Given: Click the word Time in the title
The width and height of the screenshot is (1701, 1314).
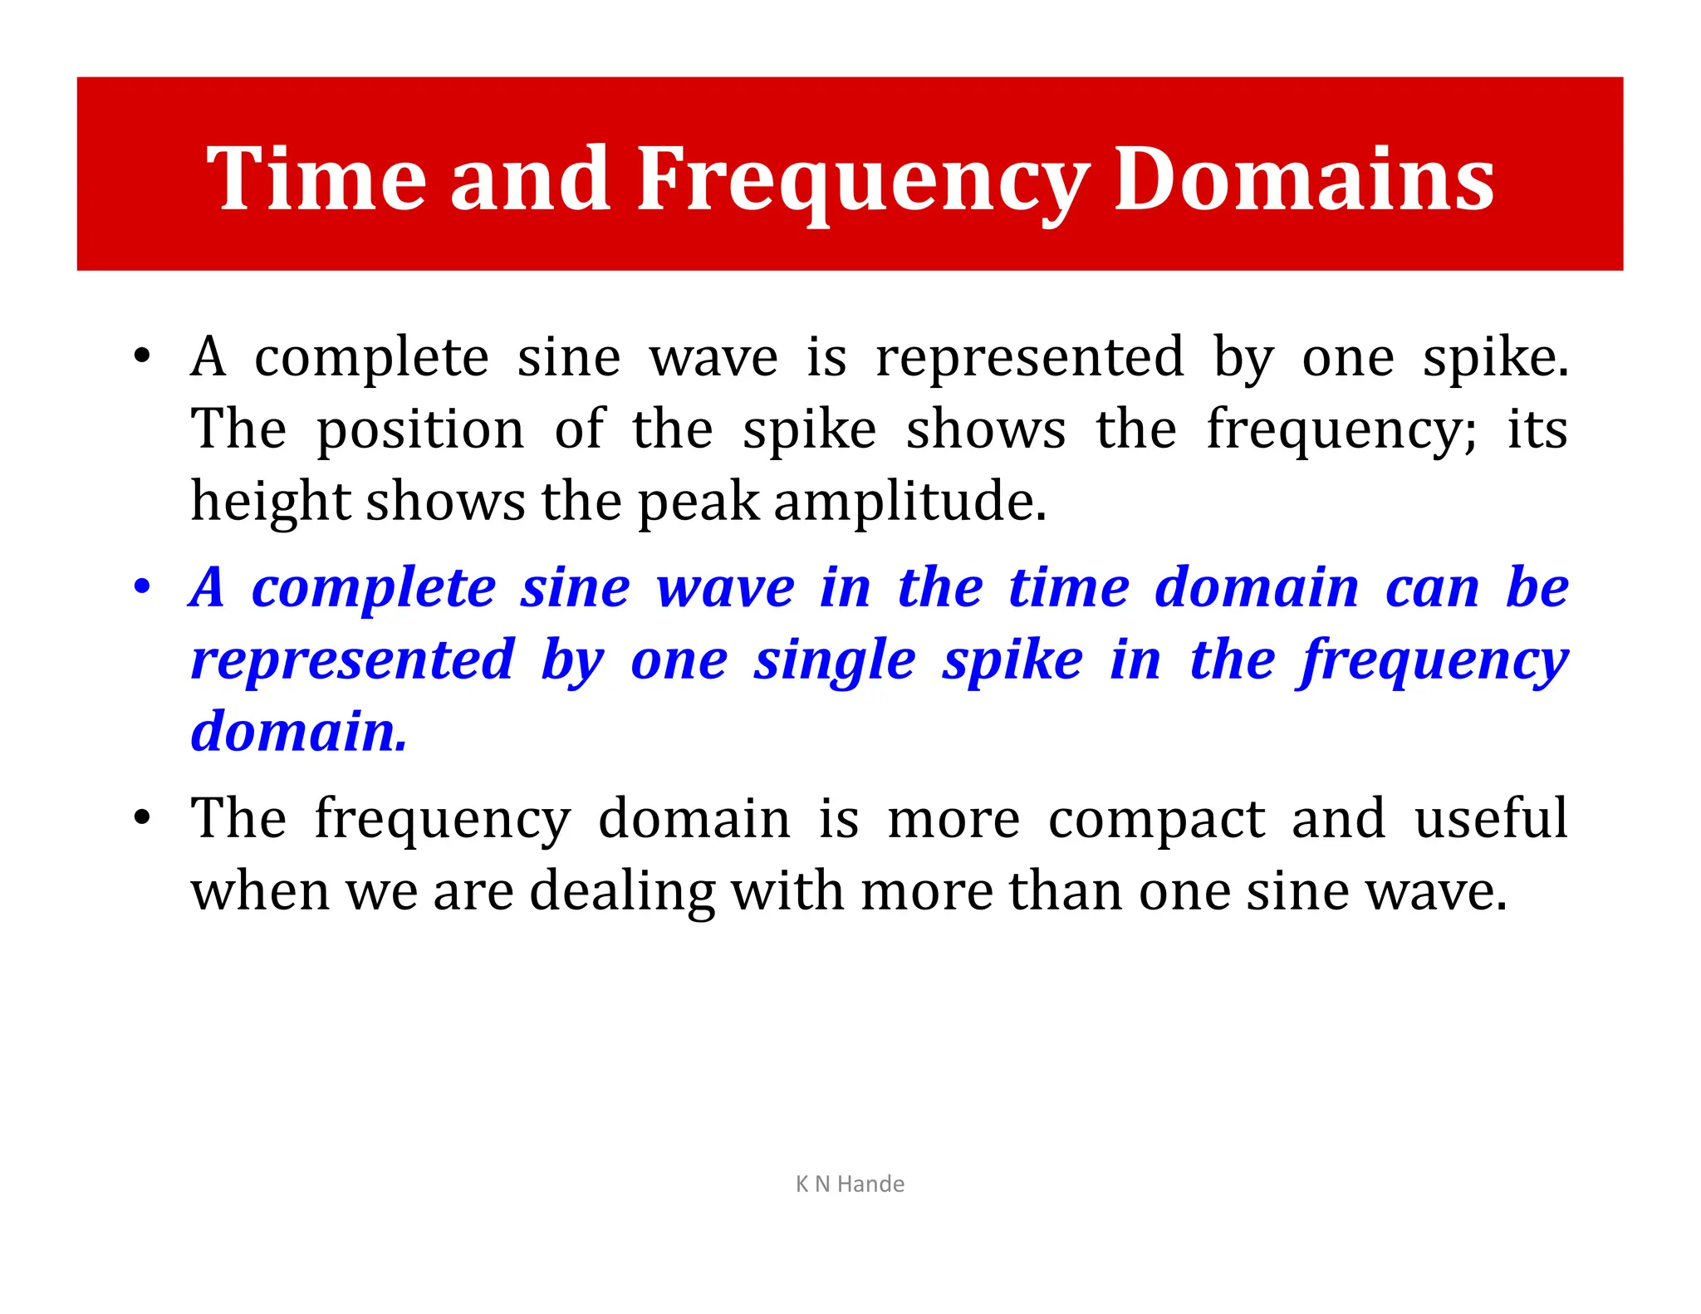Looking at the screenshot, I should coord(316,179).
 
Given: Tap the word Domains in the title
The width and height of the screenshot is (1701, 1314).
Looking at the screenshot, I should coord(1304,179).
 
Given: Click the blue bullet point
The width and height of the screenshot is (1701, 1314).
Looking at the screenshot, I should coord(143,586).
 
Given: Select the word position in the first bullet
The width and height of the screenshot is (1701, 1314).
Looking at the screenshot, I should coord(420,430).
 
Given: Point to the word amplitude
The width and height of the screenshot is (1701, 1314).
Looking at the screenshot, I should coord(909,503).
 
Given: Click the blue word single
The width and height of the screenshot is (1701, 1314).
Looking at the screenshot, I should coord(835,660).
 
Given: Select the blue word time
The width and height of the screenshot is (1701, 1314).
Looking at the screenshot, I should coord(1069,587).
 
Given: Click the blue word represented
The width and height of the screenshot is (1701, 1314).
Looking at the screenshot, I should coord(353,660).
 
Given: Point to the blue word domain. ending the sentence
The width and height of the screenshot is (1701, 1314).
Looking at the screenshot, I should coord(299,732).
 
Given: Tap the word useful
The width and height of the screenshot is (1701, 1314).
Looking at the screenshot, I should coord(1491,818).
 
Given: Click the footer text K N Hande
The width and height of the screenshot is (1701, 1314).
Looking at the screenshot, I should coord(850,1184).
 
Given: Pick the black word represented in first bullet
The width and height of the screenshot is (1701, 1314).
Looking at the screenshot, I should coord(1030,358).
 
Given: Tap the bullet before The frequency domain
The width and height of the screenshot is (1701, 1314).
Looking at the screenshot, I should coord(143,817).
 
